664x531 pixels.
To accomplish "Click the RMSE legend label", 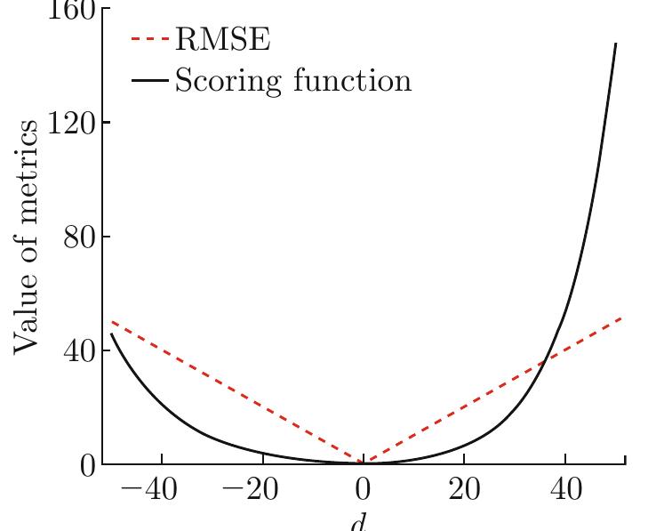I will coord(222,40).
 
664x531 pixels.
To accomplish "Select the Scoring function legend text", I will coord(292,81).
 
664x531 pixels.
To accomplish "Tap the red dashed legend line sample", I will coord(149,40).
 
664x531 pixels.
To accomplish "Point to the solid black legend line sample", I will coord(149,81).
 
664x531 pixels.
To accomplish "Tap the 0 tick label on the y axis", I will coord(87,464).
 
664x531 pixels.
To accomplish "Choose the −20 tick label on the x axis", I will coord(251,491).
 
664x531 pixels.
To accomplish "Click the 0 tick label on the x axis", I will coord(363,491).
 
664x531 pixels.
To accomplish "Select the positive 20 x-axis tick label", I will coord(464,491).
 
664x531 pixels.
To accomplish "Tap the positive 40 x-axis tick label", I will coord(565,491).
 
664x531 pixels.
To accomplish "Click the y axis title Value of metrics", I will coord(26,236).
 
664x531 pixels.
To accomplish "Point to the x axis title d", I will coord(357,523).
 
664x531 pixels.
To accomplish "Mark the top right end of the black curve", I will coord(615,44).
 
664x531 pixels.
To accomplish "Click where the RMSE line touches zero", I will coord(364,463).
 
